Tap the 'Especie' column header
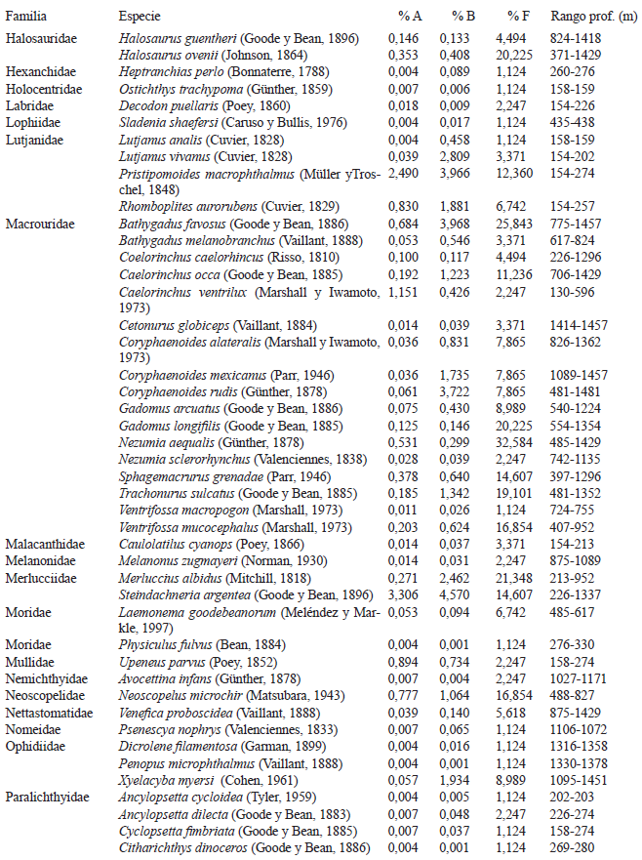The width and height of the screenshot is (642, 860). (x=140, y=17)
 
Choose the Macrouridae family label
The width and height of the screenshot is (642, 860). (x=37, y=224)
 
